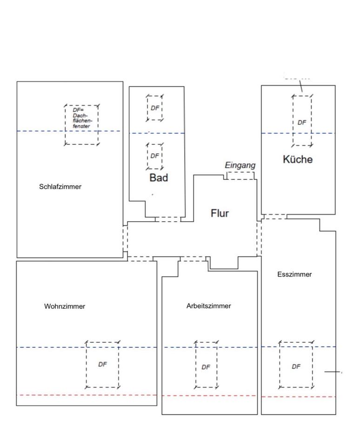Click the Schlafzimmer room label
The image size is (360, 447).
[x=60, y=187]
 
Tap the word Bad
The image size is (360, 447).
[x=159, y=177]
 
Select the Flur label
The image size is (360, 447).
[x=220, y=213]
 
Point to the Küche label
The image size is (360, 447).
[x=298, y=159]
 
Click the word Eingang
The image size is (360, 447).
[x=240, y=165]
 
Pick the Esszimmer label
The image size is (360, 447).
[x=294, y=274]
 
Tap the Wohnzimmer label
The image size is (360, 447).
[x=65, y=306]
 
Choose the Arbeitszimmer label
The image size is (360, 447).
[x=208, y=306]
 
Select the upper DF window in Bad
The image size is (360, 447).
[x=155, y=108]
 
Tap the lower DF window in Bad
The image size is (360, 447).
[x=155, y=156]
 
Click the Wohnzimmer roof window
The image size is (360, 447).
[x=102, y=365]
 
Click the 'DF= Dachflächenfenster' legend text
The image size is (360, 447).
[x=81, y=118]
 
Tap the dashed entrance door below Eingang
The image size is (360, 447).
[x=240, y=176]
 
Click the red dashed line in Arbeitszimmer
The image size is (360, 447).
[x=209, y=396]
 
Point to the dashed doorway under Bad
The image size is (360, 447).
[x=167, y=219]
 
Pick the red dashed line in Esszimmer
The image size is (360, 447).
[x=298, y=397]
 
